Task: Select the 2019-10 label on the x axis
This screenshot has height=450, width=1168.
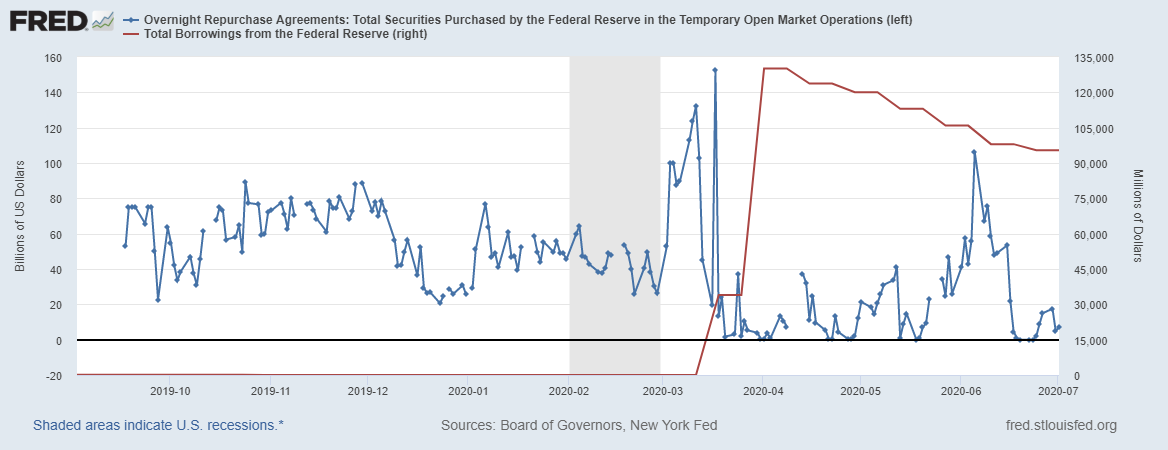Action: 170,391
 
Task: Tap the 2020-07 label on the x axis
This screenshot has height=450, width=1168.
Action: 1056,391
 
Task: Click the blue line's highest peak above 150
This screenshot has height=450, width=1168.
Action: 715,70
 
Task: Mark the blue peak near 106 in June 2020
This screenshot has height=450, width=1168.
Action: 974,152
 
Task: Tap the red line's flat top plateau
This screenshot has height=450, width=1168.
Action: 775,68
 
